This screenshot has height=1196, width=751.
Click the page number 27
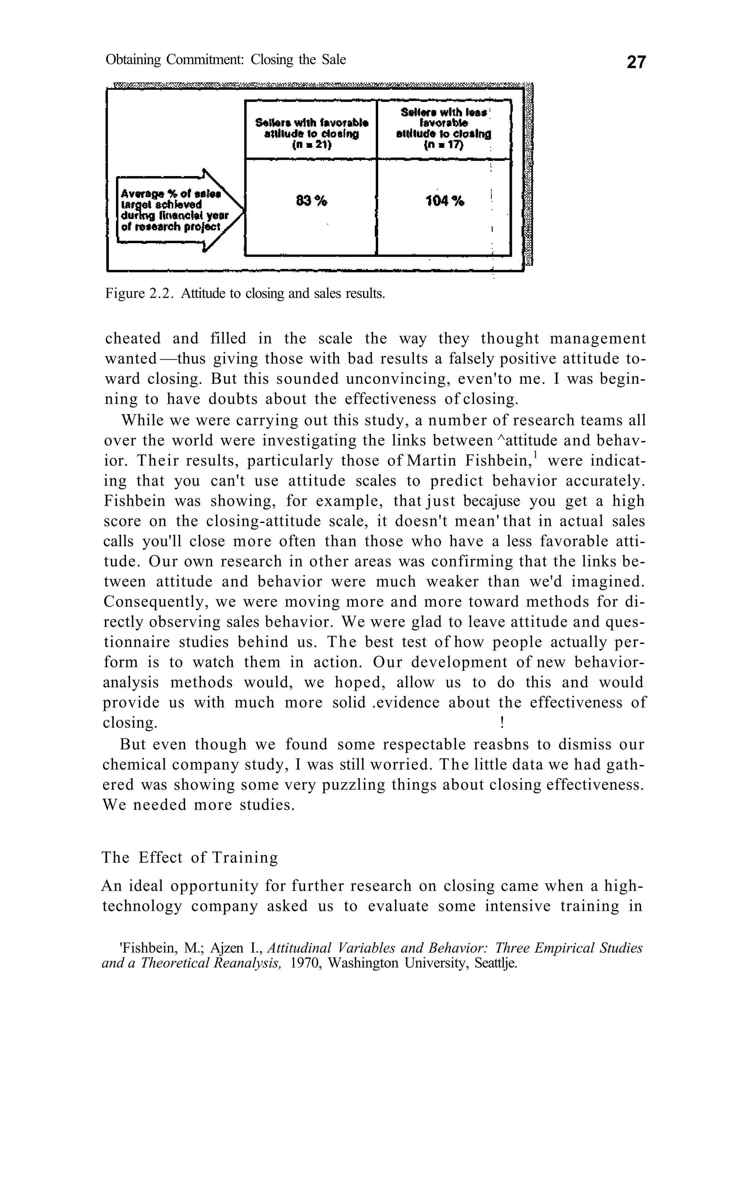tap(636, 62)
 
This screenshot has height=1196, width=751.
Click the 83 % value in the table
tap(311, 201)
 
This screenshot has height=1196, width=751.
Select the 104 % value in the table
tap(445, 201)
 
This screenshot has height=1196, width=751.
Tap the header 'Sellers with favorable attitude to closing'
tap(311, 128)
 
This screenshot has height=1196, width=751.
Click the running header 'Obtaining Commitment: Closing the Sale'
tap(226, 60)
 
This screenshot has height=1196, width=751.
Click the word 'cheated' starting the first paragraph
tap(133, 339)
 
